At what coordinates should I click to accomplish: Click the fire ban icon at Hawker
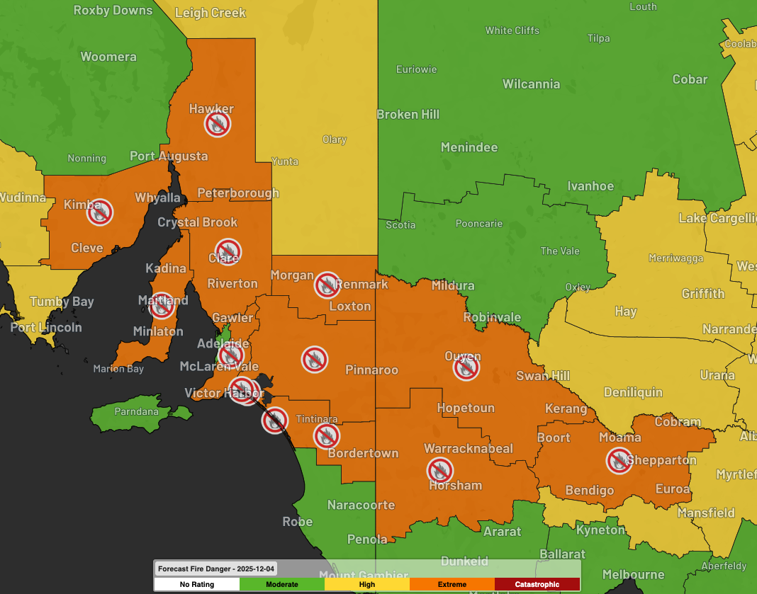[x=218, y=125]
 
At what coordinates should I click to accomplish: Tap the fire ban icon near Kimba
[x=100, y=212]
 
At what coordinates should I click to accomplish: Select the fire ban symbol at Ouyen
[x=466, y=368]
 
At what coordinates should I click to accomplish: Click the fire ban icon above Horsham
[x=440, y=470]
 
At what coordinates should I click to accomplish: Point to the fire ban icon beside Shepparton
[x=619, y=462]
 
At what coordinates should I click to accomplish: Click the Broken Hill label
[x=408, y=114]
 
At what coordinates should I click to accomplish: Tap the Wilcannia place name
[x=531, y=84]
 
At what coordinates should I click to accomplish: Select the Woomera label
[x=108, y=57]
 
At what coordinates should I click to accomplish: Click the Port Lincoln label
[x=46, y=327]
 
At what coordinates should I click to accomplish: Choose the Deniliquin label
[x=633, y=392]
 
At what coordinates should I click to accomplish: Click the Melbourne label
[x=633, y=574]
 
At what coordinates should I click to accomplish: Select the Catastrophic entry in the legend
[x=537, y=584]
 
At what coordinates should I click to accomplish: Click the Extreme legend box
[x=452, y=584]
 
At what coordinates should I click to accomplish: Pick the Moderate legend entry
[x=282, y=584]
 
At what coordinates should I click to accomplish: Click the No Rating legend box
[x=197, y=584]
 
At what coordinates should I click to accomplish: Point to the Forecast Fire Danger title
[x=216, y=569]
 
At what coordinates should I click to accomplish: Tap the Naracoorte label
[x=361, y=505]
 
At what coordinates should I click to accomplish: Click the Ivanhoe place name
[x=590, y=186]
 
